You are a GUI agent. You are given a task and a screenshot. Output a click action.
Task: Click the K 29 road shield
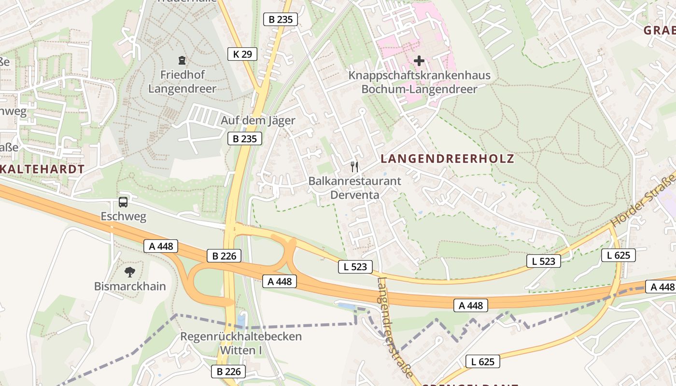(242, 54)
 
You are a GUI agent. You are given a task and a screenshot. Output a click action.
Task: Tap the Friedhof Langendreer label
(182, 82)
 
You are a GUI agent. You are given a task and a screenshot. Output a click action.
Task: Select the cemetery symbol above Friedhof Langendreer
(182, 61)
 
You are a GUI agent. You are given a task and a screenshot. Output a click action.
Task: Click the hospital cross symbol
(419, 61)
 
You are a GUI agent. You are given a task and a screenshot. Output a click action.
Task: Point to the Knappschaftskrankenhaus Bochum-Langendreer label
(419, 82)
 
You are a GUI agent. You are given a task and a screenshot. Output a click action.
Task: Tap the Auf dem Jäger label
(258, 120)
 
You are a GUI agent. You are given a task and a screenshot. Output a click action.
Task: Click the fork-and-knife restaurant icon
(355, 167)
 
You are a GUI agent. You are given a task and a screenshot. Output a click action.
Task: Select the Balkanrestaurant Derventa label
(355, 188)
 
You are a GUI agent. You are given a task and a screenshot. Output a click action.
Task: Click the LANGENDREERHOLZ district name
(447, 158)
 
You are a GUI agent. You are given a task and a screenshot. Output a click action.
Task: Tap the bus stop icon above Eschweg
(123, 202)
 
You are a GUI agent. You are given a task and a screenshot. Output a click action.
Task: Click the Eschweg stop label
(123, 216)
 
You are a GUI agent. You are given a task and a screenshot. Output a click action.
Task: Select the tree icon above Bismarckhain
(129, 272)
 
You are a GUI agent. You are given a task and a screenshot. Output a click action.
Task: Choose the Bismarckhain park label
(130, 286)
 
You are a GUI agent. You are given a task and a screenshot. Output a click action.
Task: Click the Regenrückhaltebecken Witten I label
(241, 343)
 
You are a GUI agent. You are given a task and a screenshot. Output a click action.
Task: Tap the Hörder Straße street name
(643, 202)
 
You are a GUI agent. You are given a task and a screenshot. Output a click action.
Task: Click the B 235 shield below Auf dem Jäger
(245, 139)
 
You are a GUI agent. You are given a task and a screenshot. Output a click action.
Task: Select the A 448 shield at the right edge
(662, 287)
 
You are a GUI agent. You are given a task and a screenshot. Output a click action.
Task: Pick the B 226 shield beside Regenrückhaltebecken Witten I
(228, 372)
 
